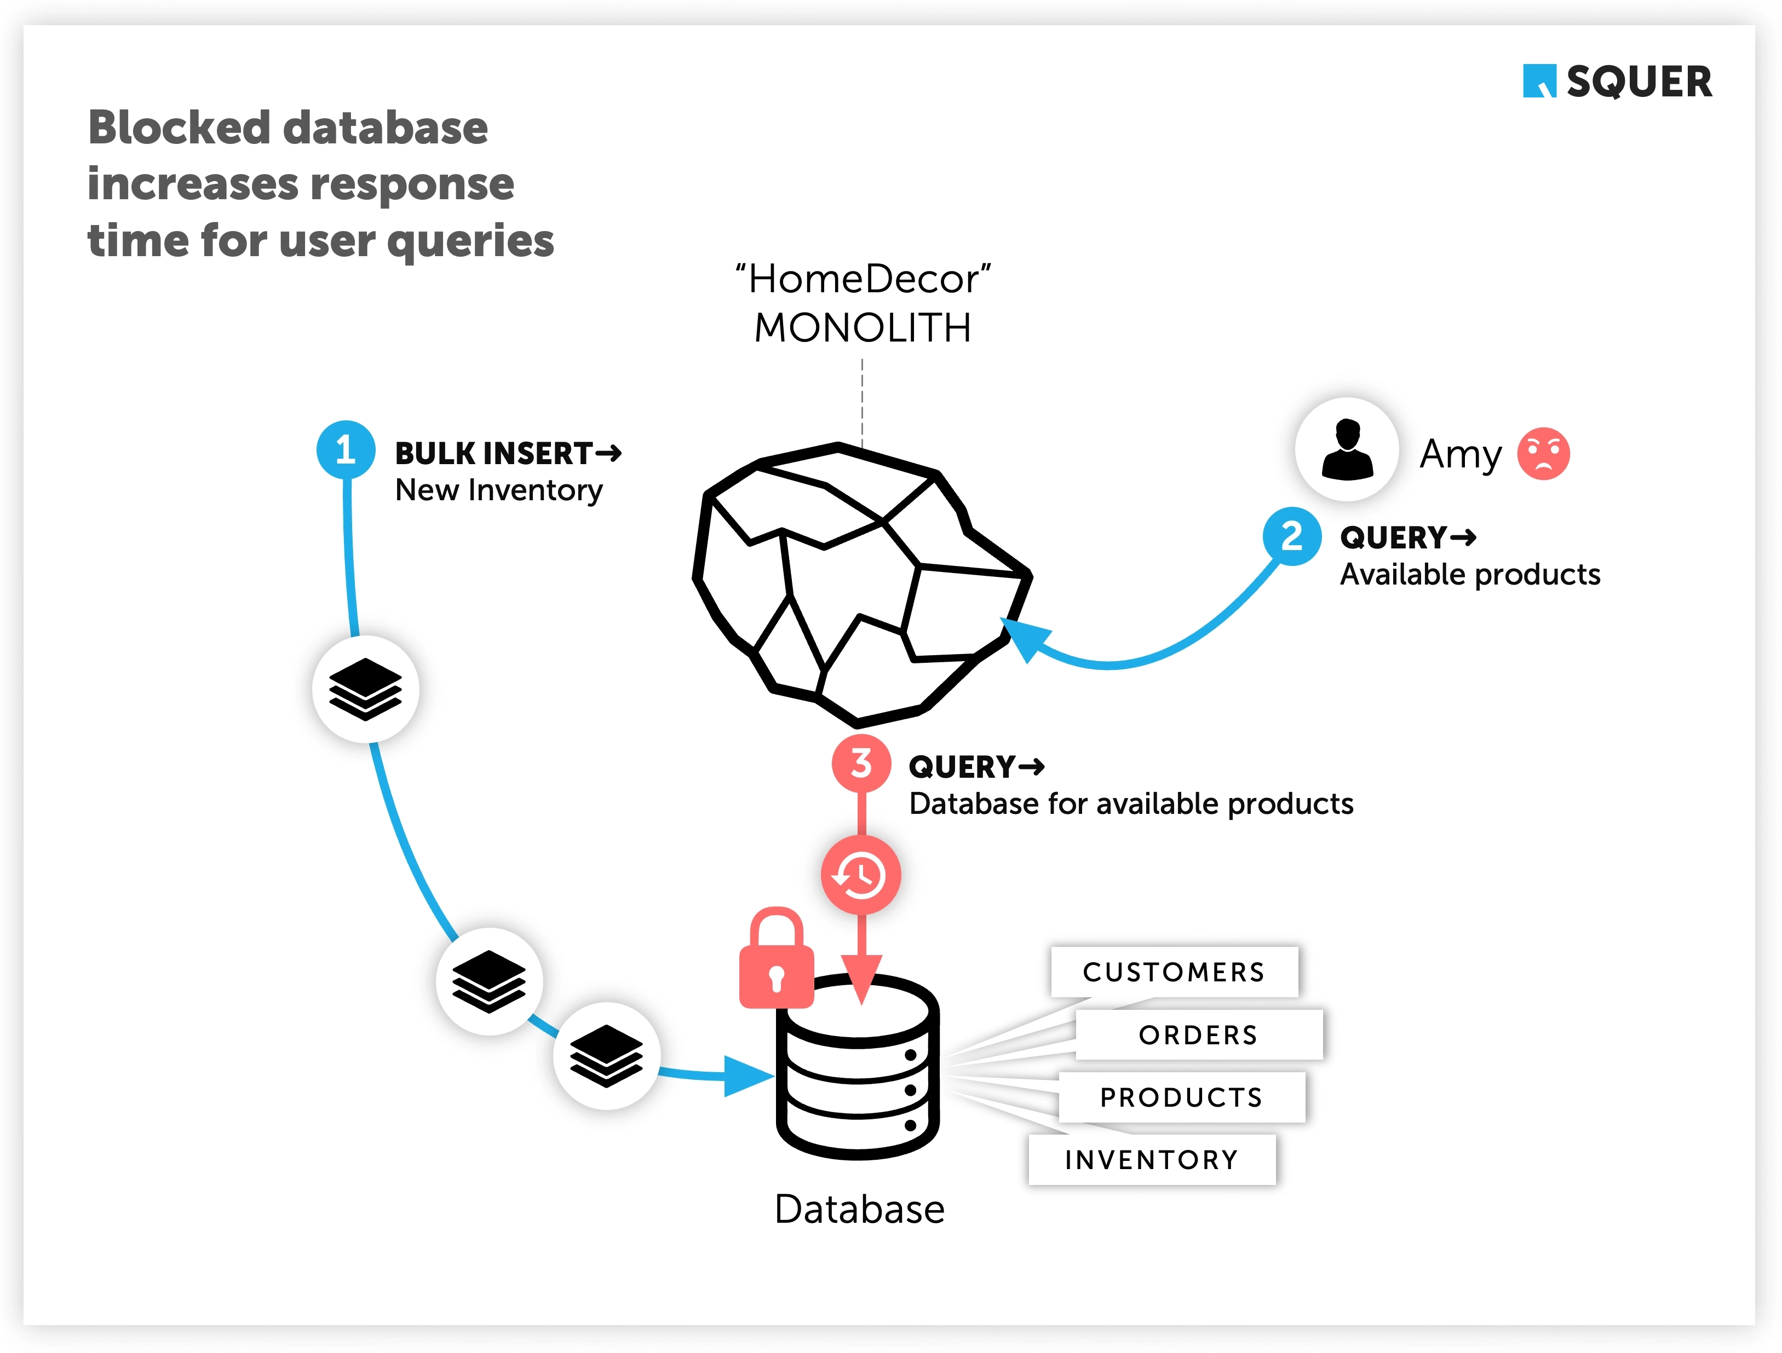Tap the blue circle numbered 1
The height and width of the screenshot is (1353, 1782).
point(346,449)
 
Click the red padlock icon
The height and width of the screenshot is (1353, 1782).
point(776,960)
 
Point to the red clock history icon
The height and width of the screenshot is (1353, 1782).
point(860,875)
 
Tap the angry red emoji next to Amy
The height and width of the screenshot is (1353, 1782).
point(1543,453)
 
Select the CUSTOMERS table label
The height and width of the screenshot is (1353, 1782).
point(1174,972)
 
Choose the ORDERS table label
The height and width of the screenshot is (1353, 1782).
point(1198,1035)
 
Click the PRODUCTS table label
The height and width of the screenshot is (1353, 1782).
point(1181,1097)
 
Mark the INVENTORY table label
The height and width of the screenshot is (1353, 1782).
point(1151,1160)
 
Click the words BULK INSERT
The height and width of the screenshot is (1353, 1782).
point(494,453)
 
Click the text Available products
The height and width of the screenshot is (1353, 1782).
point(1469,574)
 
